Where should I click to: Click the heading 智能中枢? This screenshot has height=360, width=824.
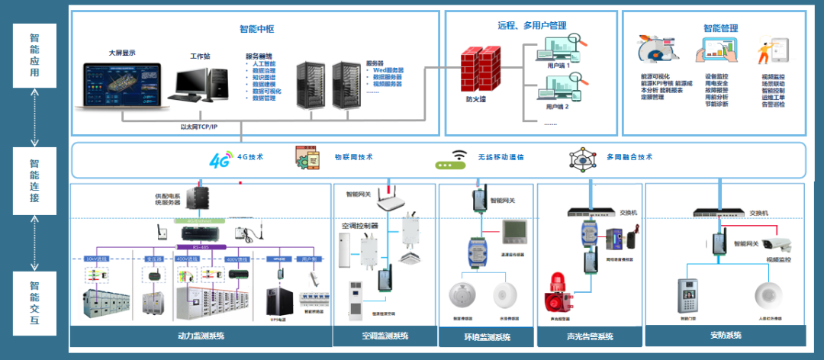(256, 29)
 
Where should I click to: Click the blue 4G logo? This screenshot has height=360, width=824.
(220, 159)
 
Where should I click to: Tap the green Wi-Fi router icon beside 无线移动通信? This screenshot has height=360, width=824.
(450, 159)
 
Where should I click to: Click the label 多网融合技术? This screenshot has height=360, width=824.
(629, 157)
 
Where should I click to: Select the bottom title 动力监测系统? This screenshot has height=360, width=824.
(201, 336)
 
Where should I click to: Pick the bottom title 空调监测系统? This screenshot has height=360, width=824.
(385, 336)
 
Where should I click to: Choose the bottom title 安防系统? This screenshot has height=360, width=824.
(726, 335)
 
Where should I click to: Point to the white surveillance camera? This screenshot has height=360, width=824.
(776, 244)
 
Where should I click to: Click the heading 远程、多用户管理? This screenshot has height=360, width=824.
(527, 25)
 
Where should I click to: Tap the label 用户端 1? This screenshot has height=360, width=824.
(558, 66)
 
